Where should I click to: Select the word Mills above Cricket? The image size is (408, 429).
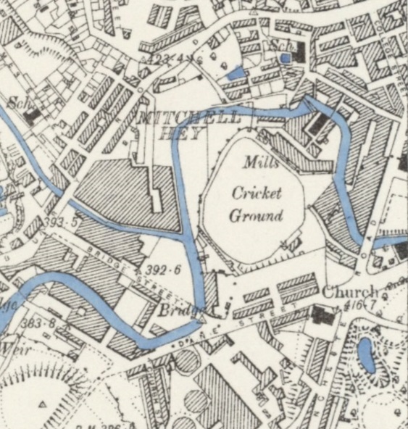260,164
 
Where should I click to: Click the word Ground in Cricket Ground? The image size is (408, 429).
256,215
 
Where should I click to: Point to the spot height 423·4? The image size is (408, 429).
163,58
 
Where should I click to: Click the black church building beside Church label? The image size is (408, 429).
321,315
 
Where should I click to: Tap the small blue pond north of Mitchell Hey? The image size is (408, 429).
234,73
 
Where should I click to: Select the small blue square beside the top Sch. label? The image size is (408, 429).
286,57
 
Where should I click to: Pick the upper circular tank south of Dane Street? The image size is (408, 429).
187,361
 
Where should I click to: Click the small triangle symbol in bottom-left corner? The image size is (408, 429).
43,404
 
